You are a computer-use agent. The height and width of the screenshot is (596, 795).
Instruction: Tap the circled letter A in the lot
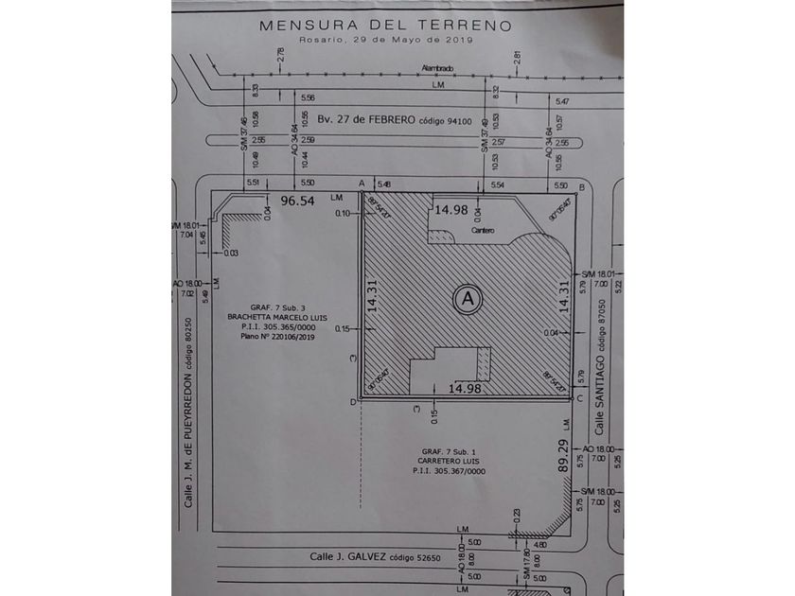click(465, 299)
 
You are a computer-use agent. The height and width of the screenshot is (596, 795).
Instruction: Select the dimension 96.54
click(301, 202)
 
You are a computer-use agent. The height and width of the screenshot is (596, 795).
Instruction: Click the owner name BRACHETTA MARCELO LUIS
click(276, 317)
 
